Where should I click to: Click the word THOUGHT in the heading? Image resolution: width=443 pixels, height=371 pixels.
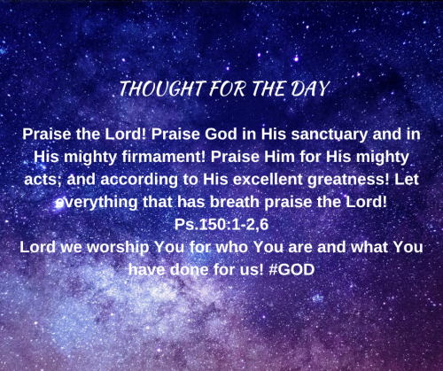point(162,89)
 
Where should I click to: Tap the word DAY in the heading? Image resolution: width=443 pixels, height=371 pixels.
point(309,89)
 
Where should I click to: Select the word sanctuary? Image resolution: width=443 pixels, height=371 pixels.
point(329,135)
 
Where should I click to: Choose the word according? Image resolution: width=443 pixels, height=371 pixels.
point(139,180)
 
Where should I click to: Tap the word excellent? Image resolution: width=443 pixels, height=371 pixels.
point(268,180)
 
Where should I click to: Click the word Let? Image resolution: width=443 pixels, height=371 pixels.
point(407,180)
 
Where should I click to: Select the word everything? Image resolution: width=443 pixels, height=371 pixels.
point(97,203)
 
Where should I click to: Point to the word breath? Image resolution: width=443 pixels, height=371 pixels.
point(235,202)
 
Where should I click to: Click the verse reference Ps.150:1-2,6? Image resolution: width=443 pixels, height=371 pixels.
point(221,225)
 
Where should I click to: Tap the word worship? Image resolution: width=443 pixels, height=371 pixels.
point(118,248)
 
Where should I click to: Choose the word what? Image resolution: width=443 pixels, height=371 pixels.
point(369,247)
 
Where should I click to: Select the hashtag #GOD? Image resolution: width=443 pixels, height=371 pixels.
point(291,270)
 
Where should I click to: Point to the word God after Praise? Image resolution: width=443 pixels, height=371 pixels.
point(221,135)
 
